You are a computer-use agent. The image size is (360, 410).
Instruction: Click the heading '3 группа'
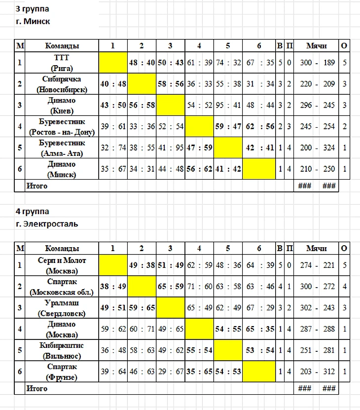tap(33, 9)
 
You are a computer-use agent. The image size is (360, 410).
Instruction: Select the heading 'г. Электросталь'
tap(47, 224)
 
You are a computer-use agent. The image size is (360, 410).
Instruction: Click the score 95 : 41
tap(228, 105)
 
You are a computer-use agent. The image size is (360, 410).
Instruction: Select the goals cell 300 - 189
tap(318, 63)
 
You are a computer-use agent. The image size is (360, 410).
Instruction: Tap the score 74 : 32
tap(228, 63)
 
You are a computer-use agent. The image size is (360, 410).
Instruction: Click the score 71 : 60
tap(199, 287)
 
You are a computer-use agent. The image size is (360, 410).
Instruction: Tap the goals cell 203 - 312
tap(318, 372)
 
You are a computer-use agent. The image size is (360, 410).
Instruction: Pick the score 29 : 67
tap(170, 372)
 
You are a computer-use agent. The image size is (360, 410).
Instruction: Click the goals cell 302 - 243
tap(318, 308)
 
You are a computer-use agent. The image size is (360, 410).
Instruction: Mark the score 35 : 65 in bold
tap(199, 372)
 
